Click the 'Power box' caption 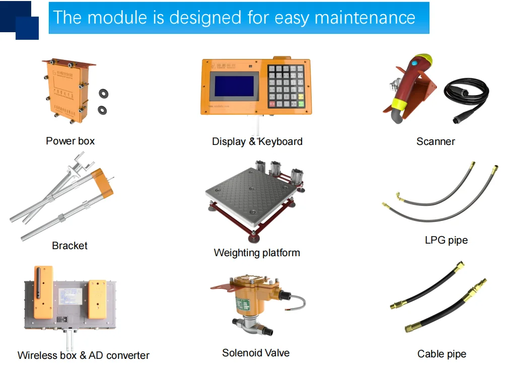coord(70,141)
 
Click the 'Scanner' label coord(436,141)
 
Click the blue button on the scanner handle coord(416,64)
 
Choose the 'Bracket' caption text coord(69,246)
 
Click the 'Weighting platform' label coord(257,253)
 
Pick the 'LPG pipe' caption coord(446,240)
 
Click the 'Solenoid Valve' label coord(256,353)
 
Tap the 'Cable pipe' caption coord(442,354)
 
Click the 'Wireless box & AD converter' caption coord(84,355)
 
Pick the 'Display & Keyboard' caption coord(257,141)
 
